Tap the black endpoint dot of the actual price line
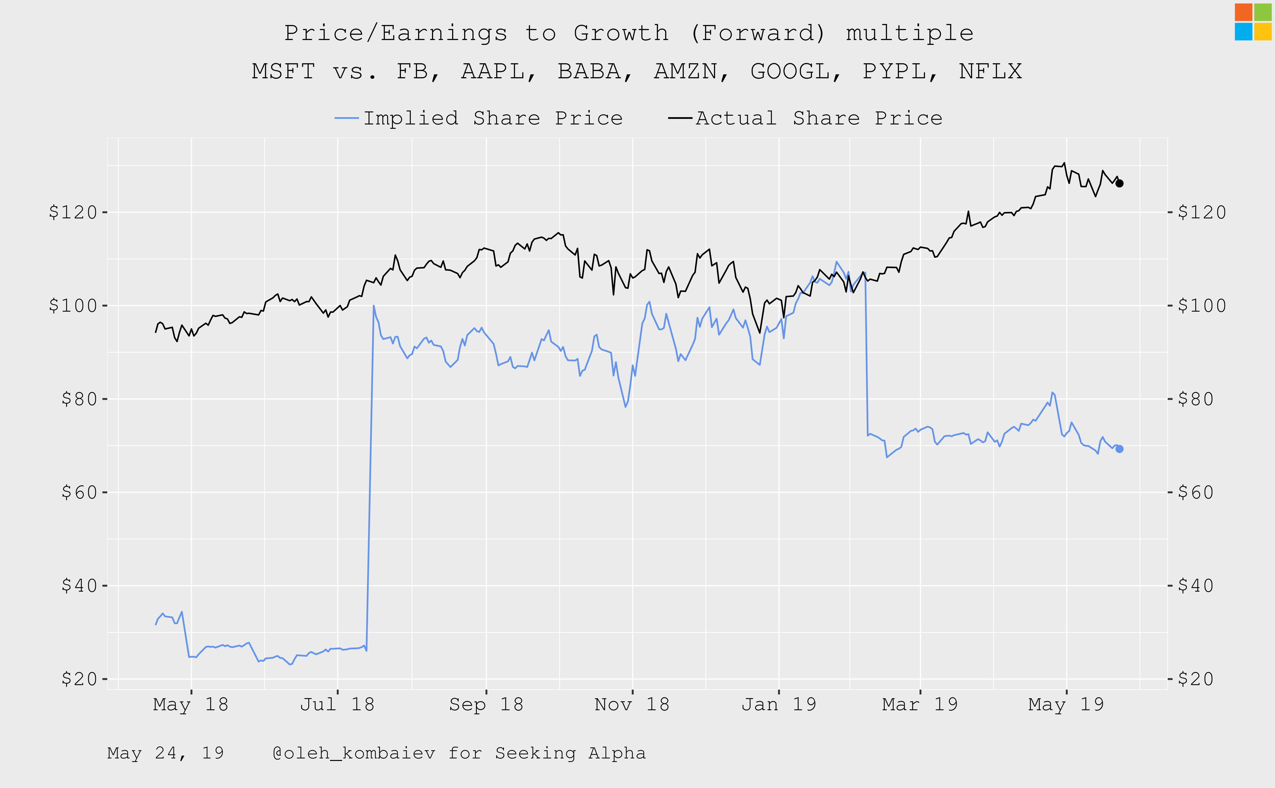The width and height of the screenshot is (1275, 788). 1119,183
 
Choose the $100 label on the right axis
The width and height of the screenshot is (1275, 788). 1202,306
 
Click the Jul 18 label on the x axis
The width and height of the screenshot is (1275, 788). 337,705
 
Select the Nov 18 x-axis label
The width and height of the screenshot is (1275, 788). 632,705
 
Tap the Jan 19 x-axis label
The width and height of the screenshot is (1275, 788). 779,705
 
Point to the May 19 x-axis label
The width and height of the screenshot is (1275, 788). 1066,705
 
